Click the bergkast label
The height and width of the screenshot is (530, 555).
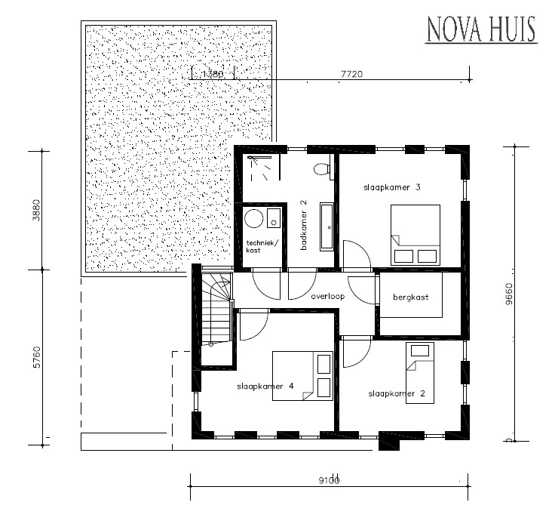(x=410, y=297)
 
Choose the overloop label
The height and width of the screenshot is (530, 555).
(x=327, y=297)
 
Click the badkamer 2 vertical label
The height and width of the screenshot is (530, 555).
(x=303, y=223)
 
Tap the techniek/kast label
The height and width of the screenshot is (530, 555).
(x=262, y=246)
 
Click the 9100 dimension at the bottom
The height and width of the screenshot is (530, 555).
(x=329, y=480)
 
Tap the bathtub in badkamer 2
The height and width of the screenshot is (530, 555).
(x=327, y=226)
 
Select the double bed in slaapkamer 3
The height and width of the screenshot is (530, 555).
(x=415, y=233)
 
